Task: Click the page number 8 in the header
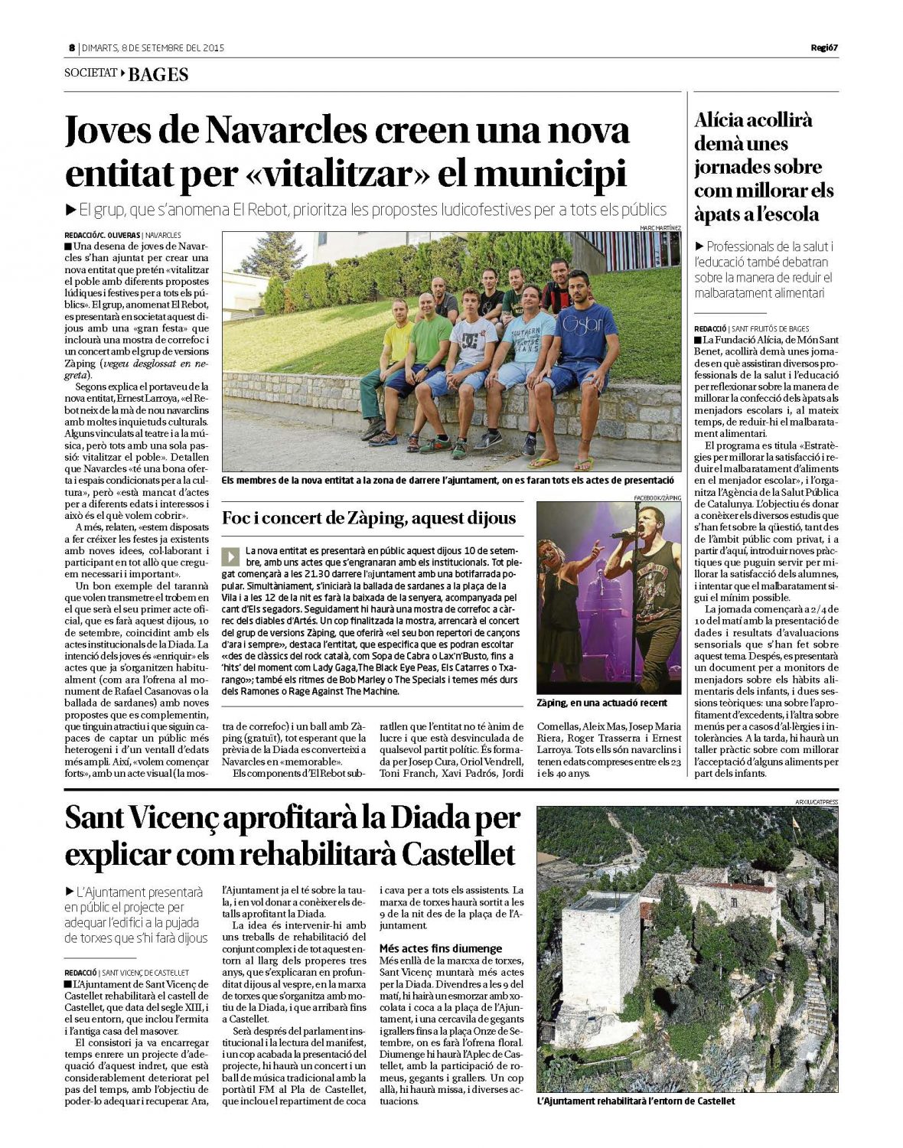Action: [71, 47]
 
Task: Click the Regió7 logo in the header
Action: [824, 47]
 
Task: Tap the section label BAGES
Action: [158, 74]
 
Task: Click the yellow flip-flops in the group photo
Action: [562, 462]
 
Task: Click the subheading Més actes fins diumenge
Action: [441, 948]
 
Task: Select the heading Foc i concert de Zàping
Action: [369, 518]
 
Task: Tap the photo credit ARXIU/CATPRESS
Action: [817, 801]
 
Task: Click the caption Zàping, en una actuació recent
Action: [601, 703]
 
